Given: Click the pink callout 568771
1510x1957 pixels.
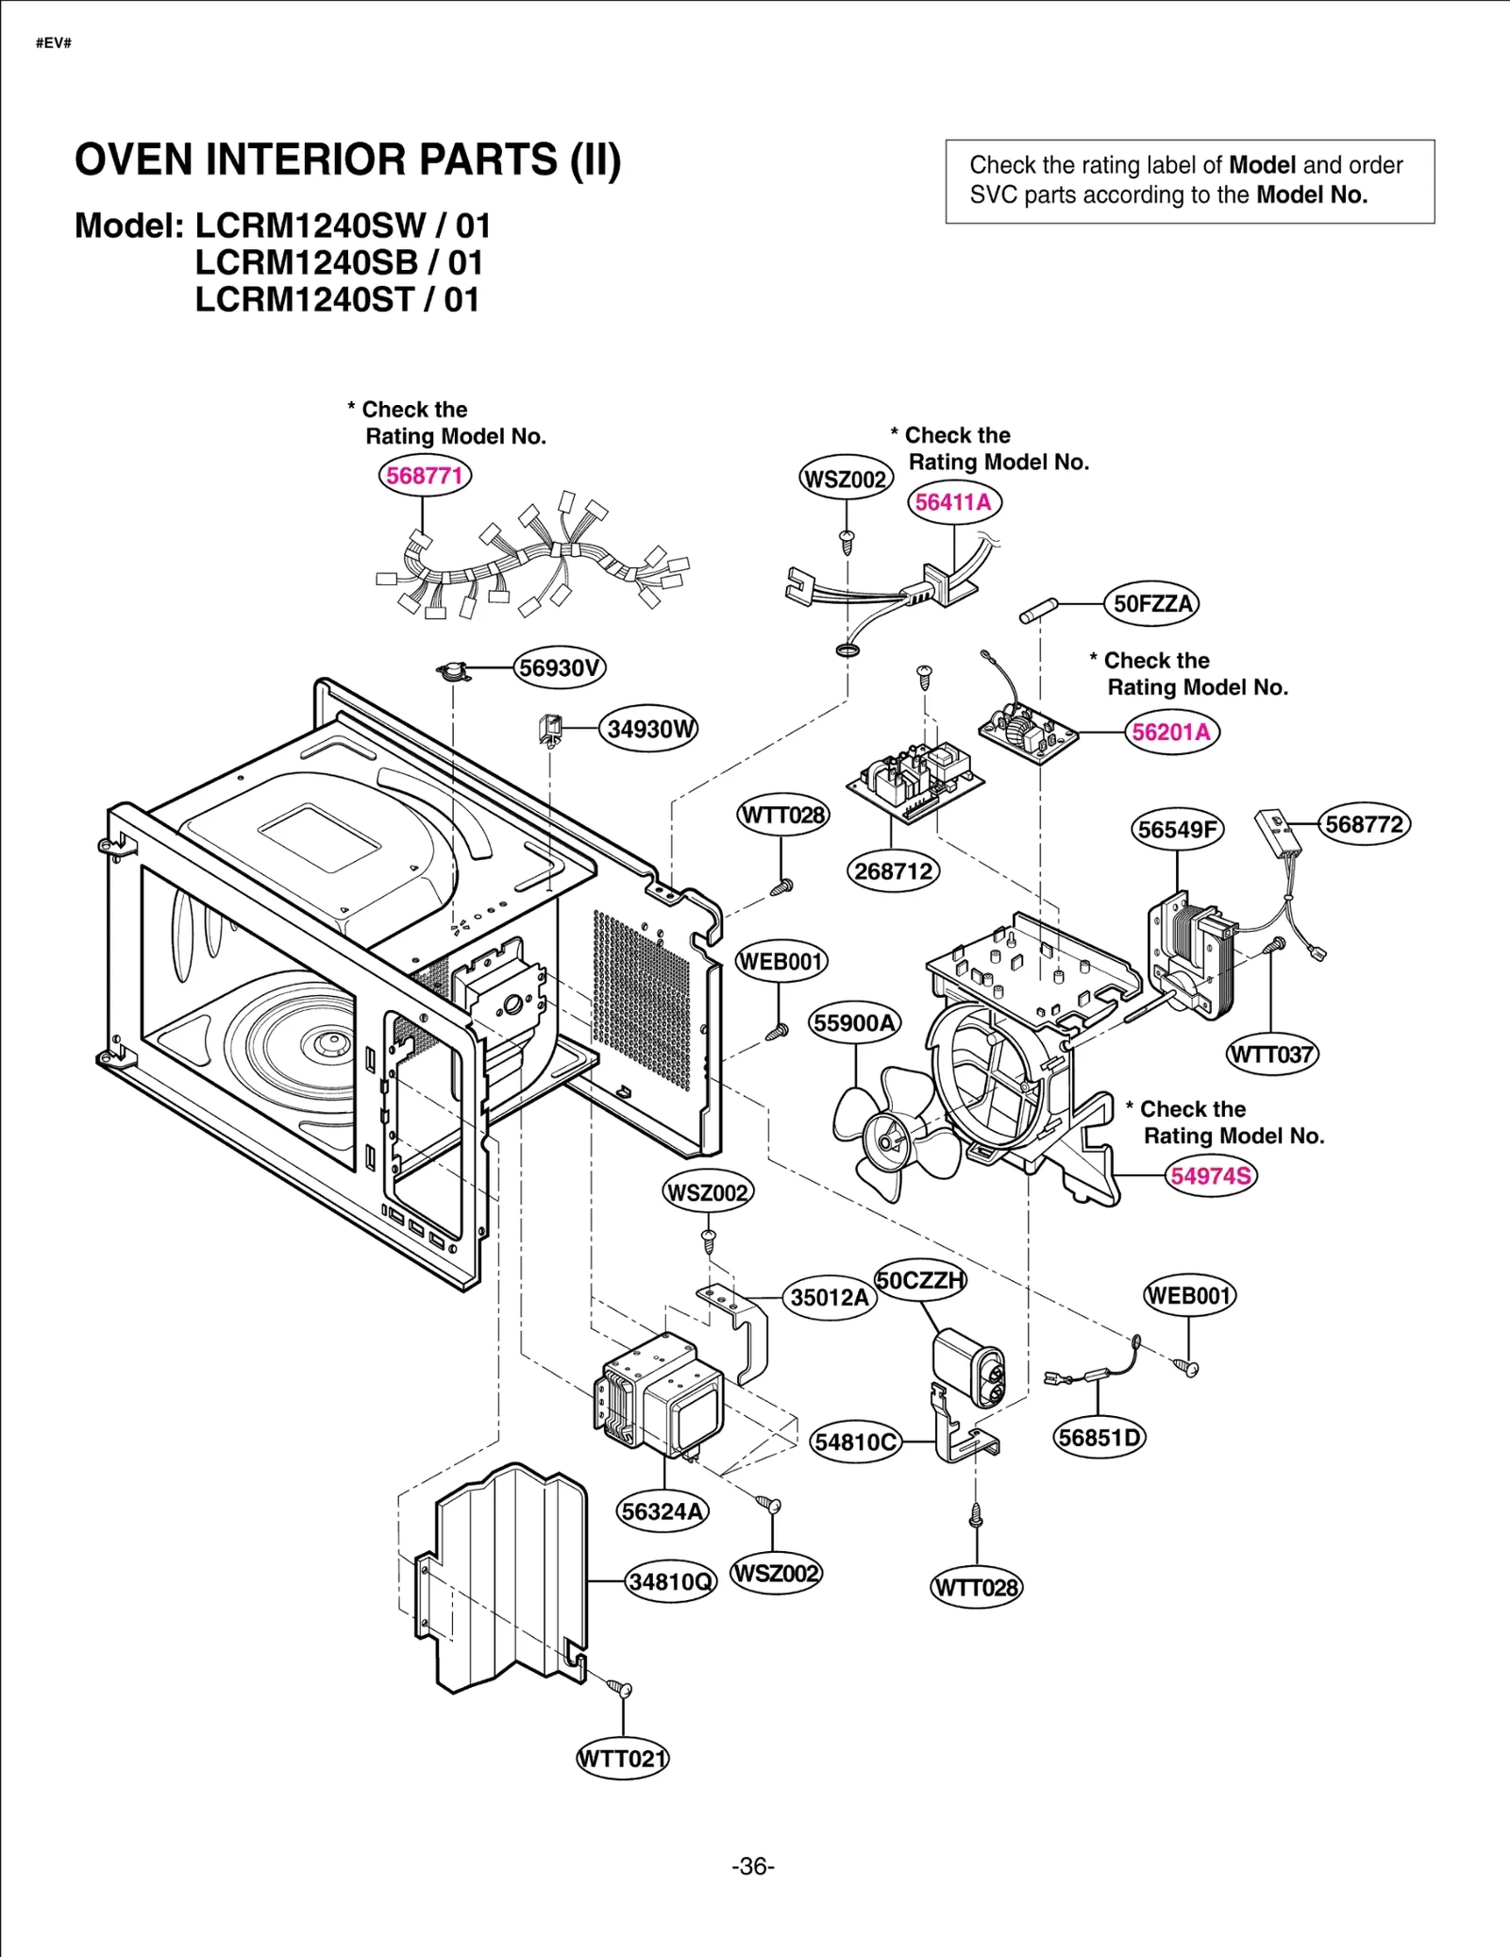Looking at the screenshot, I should click(x=425, y=475).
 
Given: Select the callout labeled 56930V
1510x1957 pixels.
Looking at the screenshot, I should click(x=560, y=668).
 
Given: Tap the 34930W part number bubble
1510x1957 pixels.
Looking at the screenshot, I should click(x=649, y=730).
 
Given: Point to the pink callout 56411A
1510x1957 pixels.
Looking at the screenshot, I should click(x=954, y=502).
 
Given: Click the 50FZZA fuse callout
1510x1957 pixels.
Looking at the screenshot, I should click(x=1152, y=604).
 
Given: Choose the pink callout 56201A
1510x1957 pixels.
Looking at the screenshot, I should click(x=1171, y=733).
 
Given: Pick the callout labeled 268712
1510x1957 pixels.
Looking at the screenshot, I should click(x=893, y=871).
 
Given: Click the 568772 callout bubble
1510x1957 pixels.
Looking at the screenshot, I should click(x=1364, y=825).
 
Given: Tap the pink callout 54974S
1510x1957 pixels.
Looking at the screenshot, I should click(x=1211, y=1176).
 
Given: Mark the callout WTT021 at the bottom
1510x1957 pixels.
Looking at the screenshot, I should click(x=622, y=1759).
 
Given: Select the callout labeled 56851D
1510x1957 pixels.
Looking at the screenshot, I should click(x=1099, y=1438).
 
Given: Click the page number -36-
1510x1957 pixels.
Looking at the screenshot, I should click(x=753, y=1867).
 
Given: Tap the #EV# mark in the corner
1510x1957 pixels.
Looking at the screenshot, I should click(x=54, y=43).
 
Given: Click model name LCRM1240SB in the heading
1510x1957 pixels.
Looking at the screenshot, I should click(x=305, y=263).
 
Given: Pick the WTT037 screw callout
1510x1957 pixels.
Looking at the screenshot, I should click(x=1271, y=1054).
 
